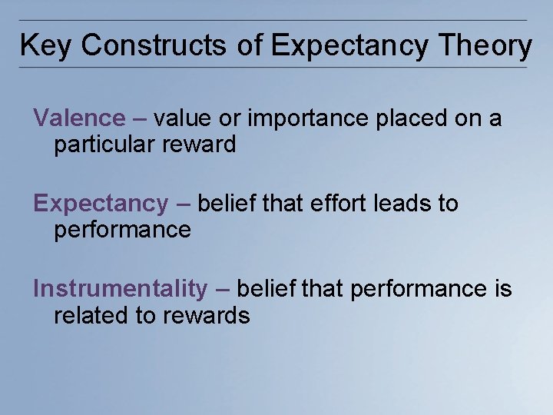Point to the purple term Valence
tap(79, 118)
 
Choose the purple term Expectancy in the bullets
tap(101, 204)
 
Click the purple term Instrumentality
tap(121, 289)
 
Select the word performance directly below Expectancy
tap(122, 229)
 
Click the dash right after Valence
tap(139, 119)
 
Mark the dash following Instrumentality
tap(222, 290)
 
